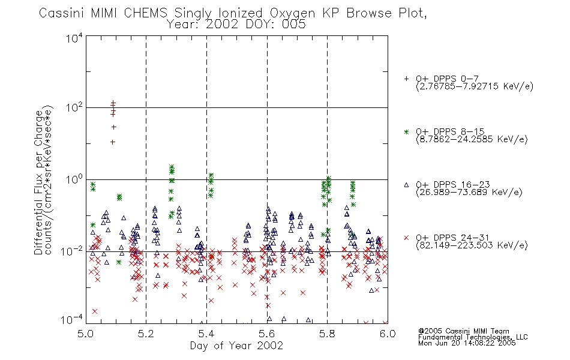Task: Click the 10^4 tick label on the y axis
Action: point(74,38)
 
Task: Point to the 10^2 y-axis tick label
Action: point(74,107)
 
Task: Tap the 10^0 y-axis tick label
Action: point(74,179)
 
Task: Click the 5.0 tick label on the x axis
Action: point(86,334)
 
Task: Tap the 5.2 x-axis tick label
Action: point(146,334)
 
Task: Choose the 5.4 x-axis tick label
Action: point(206,334)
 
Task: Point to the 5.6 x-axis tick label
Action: point(267,334)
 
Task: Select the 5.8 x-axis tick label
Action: point(327,334)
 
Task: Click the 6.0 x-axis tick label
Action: point(388,334)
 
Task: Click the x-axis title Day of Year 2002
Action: point(236,346)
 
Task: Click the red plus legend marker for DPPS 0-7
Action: point(406,79)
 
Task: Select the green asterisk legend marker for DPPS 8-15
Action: point(406,132)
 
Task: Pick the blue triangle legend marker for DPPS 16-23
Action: point(406,185)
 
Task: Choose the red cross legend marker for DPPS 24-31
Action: point(406,238)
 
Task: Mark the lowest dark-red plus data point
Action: point(113,142)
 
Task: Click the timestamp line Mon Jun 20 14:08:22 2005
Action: point(467,343)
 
